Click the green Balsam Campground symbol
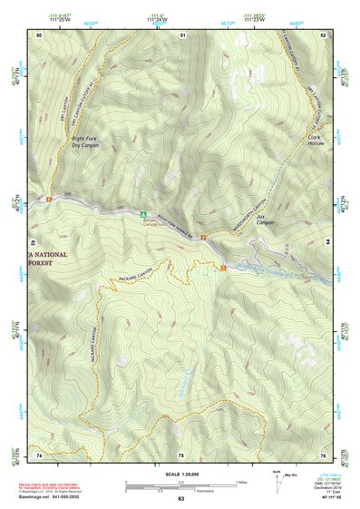pos(128,215)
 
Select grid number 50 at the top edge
pos(39,34)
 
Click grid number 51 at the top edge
pos(182,34)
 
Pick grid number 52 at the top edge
pos(324,34)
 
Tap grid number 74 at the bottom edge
pos(39,454)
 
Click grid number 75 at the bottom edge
pos(180,454)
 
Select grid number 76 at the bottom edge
pos(323,454)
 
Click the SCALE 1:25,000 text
pos(180,475)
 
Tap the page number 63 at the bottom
pos(180,500)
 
